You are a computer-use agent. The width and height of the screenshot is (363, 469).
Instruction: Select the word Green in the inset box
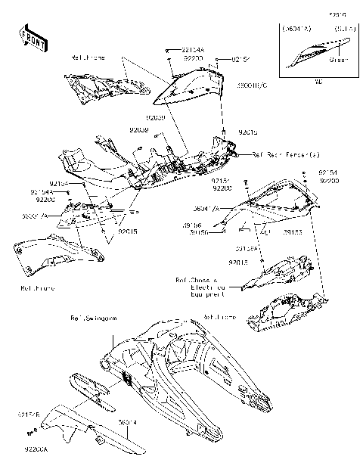point(338,59)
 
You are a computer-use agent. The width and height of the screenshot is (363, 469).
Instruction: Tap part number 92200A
point(35,449)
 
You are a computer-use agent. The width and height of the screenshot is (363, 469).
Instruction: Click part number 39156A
point(247,247)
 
